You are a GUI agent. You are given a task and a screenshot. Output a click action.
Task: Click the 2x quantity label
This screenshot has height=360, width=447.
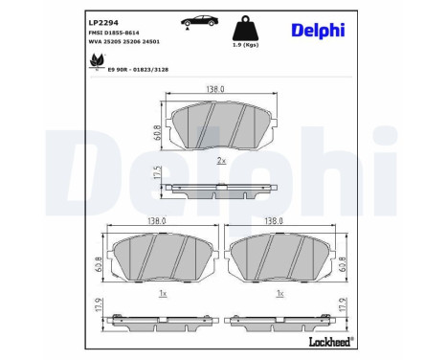(221, 160)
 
